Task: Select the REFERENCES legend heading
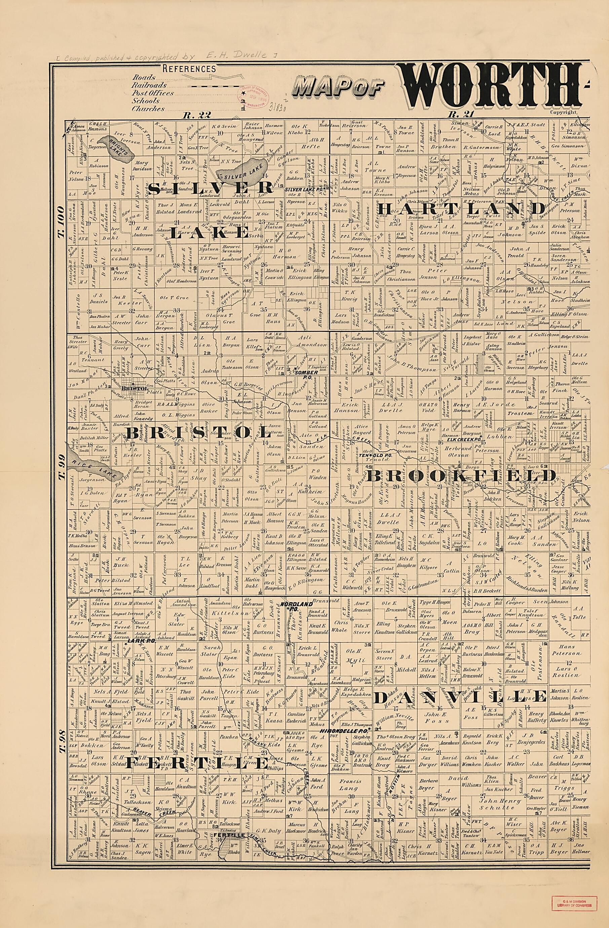189,69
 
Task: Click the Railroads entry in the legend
149,85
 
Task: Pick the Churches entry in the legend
148,109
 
